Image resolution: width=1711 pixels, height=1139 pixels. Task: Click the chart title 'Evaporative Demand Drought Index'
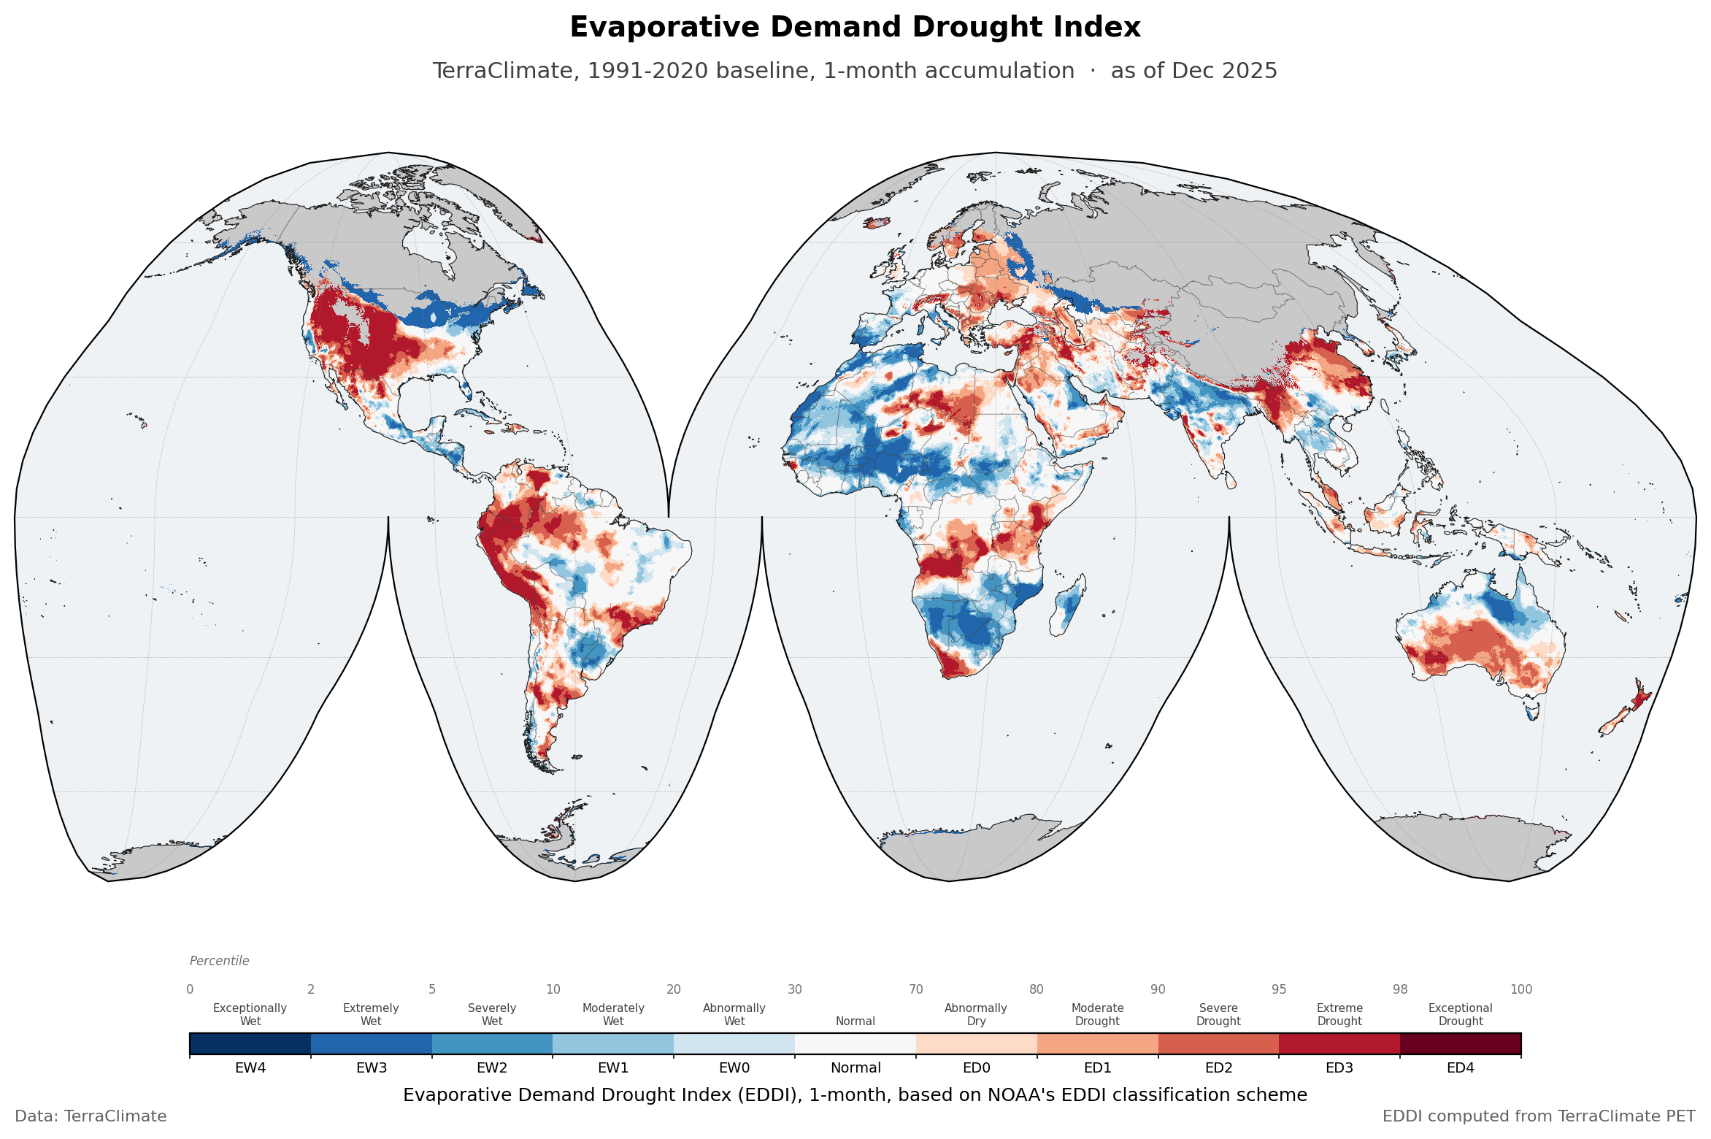pos(855,28)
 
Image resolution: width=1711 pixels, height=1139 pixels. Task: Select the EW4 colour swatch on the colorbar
pos(250,1044)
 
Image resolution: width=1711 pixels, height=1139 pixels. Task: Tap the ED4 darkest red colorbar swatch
pos(1461,1044)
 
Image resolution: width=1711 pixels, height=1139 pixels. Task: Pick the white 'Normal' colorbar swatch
pos(855,1044)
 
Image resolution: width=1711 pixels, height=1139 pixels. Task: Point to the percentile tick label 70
pos(916,989)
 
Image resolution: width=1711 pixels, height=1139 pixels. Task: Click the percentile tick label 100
pos(1521,989)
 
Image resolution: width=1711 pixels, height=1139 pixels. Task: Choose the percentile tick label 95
pos(1279,989)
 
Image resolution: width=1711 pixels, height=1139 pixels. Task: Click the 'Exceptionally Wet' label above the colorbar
pos(250,1014)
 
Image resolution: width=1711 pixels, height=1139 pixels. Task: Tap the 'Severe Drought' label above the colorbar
pos(1218,1014)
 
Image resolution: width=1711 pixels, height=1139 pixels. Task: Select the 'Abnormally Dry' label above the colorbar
pos(976,1014)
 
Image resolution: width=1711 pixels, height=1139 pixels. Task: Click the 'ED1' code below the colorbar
pos(1097,1068)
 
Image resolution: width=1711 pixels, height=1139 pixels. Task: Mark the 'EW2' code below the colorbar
pos(492,1068)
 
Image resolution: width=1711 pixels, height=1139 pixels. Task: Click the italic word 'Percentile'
pos(219,961)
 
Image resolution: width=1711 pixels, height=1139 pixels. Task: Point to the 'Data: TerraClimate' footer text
pos(91,1116)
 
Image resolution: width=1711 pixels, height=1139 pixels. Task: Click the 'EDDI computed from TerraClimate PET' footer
pos(1539,1116)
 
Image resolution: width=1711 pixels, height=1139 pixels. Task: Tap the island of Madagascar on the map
pos(1068,605)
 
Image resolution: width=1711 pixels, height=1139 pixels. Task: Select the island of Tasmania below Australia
pos(1532,710)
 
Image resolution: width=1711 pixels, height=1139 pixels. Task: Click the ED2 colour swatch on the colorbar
pos(1218,1044)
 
